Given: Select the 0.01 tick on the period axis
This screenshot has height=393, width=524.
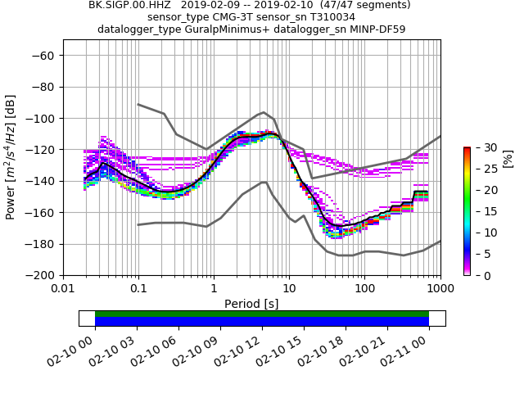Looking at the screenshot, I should [63, 289].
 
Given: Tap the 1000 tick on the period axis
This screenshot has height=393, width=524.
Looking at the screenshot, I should [440, 289].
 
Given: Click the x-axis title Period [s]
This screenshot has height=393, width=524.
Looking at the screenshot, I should [251, 304].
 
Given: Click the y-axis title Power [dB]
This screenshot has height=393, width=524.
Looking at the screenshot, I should [11, 156].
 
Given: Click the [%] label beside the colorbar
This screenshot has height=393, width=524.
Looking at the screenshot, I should [508, 158].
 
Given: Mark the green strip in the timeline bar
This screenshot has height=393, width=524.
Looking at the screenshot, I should [262, 314].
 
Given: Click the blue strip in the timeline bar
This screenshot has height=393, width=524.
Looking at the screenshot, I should [262, 322].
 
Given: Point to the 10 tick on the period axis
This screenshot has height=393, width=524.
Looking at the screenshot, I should [289, 289].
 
